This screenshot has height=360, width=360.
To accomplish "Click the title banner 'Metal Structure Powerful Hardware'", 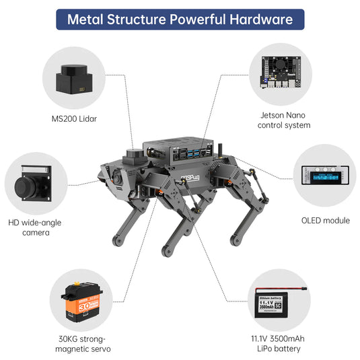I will tap(180, 19).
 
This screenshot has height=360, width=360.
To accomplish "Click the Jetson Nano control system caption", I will tap(285, 120).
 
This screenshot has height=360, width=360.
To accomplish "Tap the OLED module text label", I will tap(325, 220).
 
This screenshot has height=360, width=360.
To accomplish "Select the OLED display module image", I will tap(325, 177).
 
